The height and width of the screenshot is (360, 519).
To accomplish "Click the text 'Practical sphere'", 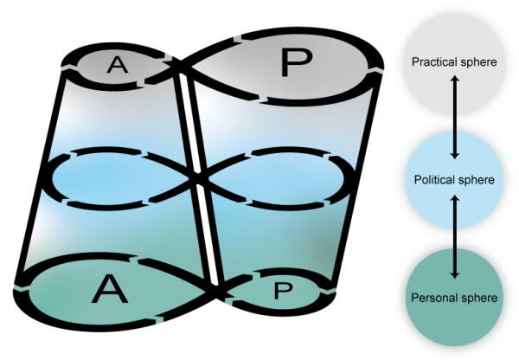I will (453, 63).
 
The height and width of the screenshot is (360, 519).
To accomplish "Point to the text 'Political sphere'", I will (454, 180).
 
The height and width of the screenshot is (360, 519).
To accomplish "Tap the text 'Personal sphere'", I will (454, 298).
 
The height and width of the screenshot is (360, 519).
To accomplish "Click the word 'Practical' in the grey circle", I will (435, 63).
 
